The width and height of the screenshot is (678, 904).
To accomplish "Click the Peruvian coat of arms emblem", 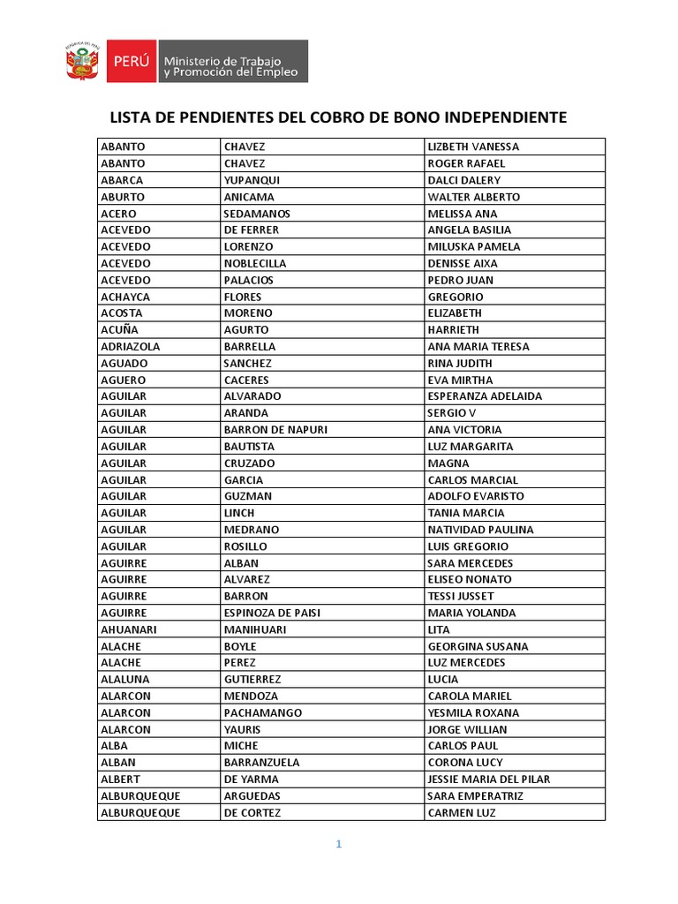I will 83,62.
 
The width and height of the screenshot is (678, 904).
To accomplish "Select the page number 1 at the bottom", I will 338,844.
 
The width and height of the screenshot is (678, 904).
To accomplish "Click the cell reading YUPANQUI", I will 252,180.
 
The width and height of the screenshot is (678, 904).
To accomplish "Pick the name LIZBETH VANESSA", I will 473,147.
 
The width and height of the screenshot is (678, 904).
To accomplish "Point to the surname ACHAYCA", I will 125,297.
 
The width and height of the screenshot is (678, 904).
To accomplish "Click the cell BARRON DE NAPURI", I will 275,430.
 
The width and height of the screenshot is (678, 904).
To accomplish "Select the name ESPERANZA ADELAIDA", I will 485,396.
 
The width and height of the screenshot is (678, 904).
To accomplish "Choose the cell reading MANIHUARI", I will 255,629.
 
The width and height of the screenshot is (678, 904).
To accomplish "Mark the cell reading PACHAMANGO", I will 263,712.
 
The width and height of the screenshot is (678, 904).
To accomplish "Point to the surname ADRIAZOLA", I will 131,347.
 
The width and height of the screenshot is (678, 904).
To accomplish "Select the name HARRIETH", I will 454,330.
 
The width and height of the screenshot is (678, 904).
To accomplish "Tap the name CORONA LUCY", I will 465,763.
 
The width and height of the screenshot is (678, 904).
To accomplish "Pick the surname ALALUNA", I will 125,680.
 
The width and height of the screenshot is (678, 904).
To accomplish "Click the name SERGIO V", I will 452,413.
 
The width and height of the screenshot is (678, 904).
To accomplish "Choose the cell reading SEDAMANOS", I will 257,214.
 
